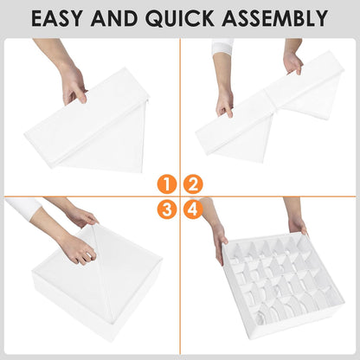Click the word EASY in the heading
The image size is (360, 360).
[x=56, y=18]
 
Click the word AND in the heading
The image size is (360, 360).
[x=113, y=18]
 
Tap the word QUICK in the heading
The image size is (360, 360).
[x=180, y=18]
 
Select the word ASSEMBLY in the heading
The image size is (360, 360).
[x=275, y=18]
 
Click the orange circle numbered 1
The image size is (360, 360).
[x=167, y=184]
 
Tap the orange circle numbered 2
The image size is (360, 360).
[x=193, y=184]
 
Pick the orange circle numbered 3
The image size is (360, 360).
[x=167, y=209]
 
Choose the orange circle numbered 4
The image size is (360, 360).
[x=193, y=209]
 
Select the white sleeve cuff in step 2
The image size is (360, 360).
[x=222, y=46]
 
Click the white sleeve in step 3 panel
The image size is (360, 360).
[x=23, y=207]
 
